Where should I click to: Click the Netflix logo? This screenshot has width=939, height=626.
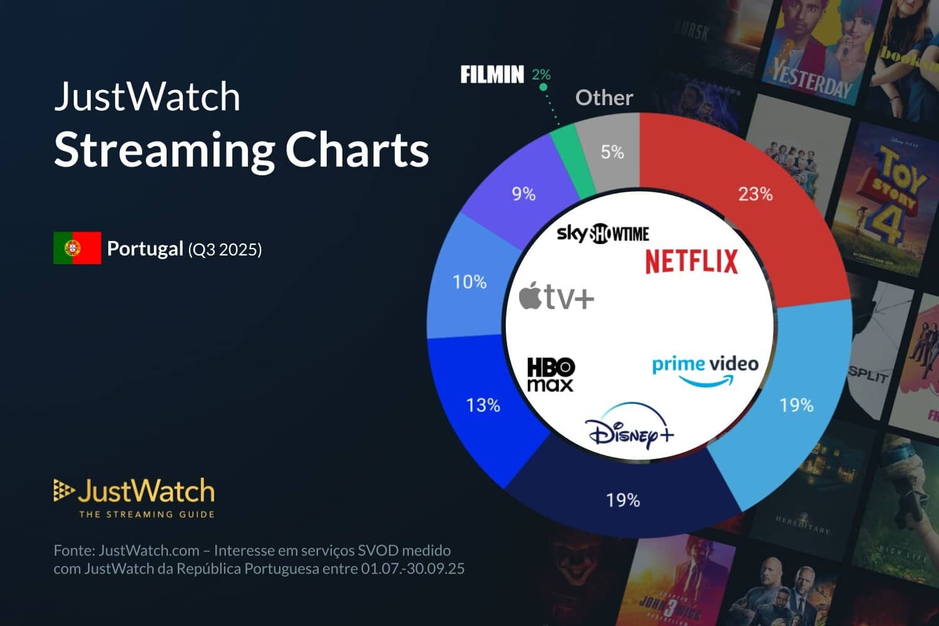692,261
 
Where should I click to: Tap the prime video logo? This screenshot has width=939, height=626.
705,370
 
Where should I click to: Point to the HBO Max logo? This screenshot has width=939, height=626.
550,374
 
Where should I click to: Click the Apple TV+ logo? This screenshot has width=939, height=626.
557,296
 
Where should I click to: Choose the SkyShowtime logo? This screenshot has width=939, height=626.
603,233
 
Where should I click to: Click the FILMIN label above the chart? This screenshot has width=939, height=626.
492,75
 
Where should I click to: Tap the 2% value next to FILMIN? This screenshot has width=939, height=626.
541,75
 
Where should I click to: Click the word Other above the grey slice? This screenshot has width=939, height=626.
604,98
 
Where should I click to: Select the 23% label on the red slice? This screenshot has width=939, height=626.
755,194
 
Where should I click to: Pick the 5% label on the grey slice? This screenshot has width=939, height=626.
612,152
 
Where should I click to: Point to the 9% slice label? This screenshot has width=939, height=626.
523,194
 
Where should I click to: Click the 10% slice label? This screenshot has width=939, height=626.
469,282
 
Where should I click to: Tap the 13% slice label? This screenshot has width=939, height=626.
483,405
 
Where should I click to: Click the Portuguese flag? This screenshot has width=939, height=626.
77,248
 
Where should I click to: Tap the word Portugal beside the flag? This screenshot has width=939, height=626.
145,249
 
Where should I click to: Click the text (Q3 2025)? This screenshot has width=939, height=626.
225,250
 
